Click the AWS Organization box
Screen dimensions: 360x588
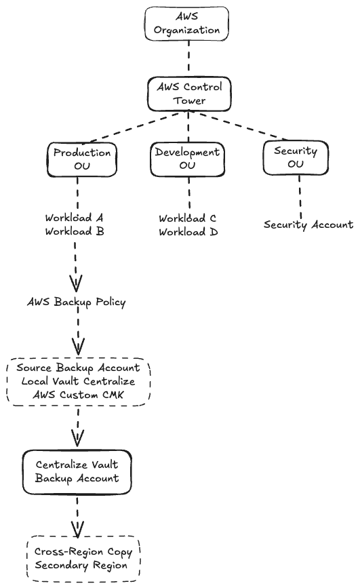pyautogui.click(x=186, y=23)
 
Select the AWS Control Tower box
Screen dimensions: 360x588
pyautogui.click(x=189, y=94)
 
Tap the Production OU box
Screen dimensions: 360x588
pyautogui.click(x=82, y=159)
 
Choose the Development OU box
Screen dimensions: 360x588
pyautogui.click(x=188, y=159)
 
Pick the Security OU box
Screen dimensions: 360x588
pyautogui.click(x=296, y=157)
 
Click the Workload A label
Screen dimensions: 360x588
pyautogui.click(x=75, y=218)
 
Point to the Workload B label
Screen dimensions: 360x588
pyautogui.click(x=75, y=231)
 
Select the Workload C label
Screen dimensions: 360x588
pyautogui.click(x=188, y=218)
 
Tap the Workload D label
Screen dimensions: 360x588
pyautogui.click(x=188, y=232)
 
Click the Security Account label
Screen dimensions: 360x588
pyautogui.click(x=308, y=224)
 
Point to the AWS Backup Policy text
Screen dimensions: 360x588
pyautogui.click(x=77, y=302)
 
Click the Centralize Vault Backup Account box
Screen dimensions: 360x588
pyautogui.click(x=77, y=472)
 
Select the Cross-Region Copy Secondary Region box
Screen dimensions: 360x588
pyautogui.click(x=83, y=559)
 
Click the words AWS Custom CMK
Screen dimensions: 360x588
pyautogui.click(x=78, y=395)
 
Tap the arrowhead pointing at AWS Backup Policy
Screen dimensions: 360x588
pyautogui.click(x=76, y=284)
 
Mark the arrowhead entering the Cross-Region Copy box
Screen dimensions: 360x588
pyautogui.click(x=77, y=530)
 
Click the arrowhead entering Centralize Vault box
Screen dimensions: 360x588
pyautogui.click(x=77, y=438)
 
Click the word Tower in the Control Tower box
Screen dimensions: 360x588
pyautogui.click(x=189, y=100)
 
